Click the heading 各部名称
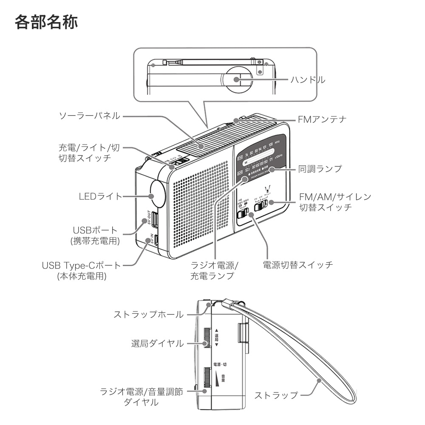pyautogui.click(x=46, y=23)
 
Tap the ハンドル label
pyautogui.click(x=308, y=79)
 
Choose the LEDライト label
pyautogui.click(x=100, y=196)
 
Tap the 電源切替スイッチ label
pyautogui.click(x=297, y=265)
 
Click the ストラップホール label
pyautogui.click(x=148, y=314)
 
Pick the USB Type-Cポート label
pyautogui.click(x=81, y=266)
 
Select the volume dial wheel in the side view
pyautogui.click(x=207, y=379)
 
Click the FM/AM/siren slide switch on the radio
pyautogui.click(x=260, y=206)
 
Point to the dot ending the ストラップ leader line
pyautogui.click(x=318, y=381)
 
